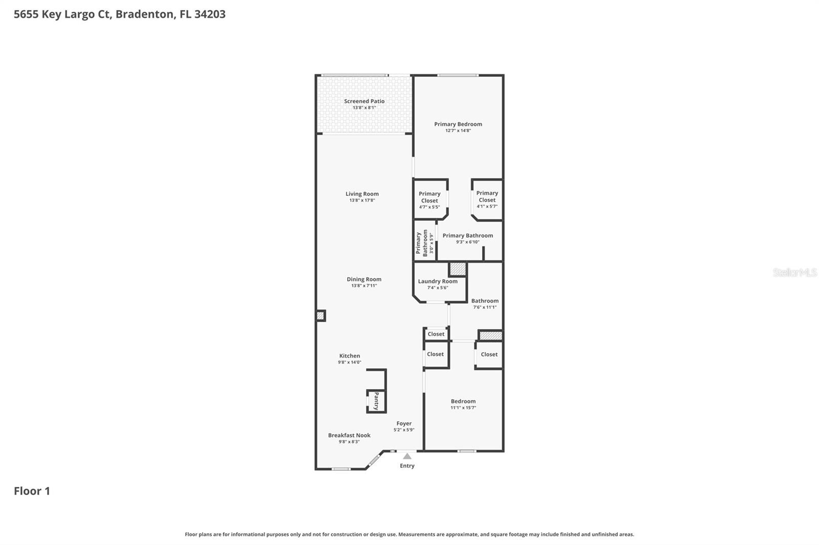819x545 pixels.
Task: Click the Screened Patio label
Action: [x=364, y=101]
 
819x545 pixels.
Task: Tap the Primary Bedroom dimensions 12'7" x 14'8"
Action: [x=458, y=131]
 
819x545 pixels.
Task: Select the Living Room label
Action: [x=362, y=194]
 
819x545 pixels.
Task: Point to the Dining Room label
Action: [x=364, y=279]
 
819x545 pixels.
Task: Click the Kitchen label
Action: [x=350, y=356]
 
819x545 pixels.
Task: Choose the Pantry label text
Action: [x=376, y=401]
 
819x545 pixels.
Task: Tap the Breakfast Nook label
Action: [x=349, y=435]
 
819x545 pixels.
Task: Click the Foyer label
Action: [x=404, y=423]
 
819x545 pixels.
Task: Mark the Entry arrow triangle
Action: [x=407, y=456]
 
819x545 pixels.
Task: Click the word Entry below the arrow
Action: [x=407, y=466]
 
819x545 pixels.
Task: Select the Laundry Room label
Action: [x=438, y=281]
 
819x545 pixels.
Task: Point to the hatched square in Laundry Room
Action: [x=458, y=269]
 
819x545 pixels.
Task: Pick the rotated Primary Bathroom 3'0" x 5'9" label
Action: [x=424, y=242]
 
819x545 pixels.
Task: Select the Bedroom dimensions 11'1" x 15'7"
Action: [x=463, y=408]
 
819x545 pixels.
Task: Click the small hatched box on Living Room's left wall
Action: [x=320, y=315]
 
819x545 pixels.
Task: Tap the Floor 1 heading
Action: [x=32, y=491]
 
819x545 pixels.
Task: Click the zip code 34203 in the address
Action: [x=210, y=14]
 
